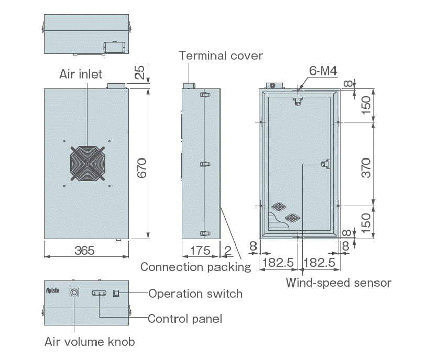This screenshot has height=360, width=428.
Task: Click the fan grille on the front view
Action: (x=87, y=163)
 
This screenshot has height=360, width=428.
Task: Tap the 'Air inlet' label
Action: (x=81, y=74)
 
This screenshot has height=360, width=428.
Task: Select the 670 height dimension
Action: (x=142, y=168)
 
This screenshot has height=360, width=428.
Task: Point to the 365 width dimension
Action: (x=85, y=250)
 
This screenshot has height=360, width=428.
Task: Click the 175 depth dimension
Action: (x=200, y=250)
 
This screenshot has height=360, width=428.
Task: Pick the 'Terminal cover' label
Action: (x=221, y=55)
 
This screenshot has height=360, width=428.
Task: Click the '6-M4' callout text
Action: (x=323, y=71)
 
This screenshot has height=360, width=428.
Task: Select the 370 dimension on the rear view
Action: (x=366, y=168)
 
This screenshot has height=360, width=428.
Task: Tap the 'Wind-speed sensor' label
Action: (x=338, y=283)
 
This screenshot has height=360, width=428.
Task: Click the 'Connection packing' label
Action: (x=196, y=267)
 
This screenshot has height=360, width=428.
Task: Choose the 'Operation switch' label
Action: (x=195, y=294)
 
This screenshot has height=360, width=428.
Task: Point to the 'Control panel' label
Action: (x=185, y=319)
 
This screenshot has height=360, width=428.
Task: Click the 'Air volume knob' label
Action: (x=90, y=342)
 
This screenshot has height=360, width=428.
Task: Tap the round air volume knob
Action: (x=74, y=292)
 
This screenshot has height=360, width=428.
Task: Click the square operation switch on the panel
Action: (x=116, y=293)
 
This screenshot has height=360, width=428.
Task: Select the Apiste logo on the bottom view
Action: (x=53, y=291)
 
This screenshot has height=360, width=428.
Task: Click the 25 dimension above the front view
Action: (x=139, y=72)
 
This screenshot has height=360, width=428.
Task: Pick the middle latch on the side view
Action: (x=205, y=164)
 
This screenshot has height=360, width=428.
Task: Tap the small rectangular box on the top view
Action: (x=114, y=47)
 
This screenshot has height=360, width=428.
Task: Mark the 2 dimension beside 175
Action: (x=227, y=251)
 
